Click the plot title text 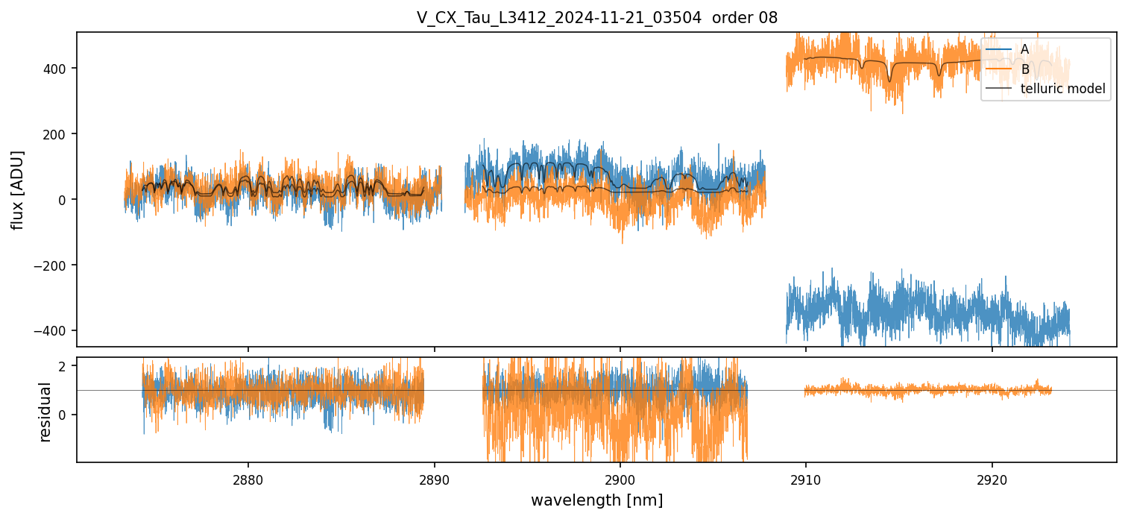pos(596,18)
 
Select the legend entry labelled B pos(1025,69)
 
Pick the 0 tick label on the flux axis pos(64,200)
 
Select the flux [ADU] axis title pos(18,189)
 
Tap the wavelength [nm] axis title pos(596,500)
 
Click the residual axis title pos(45,411)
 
